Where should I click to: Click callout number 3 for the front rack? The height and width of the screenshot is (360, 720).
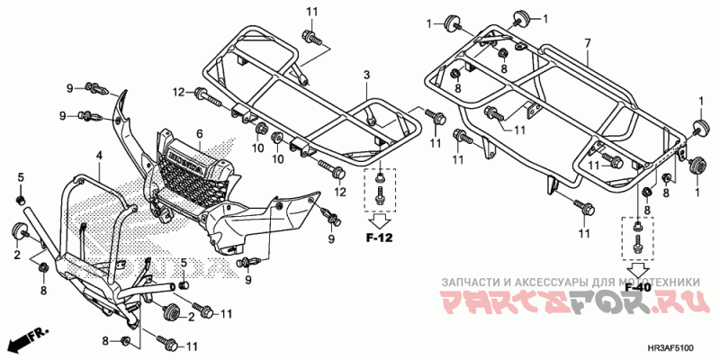(x=367, y=74)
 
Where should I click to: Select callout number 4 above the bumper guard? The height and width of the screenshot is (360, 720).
(x=100, y=156)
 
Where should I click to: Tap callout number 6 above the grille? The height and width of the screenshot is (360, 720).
(x=200, y=133)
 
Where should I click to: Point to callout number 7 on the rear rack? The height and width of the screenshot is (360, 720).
(x=587, y=43)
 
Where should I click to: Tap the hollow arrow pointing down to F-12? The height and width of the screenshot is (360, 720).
(x=382, y=218)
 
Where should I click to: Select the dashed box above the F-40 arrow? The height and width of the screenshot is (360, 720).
(x=638, y=237)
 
